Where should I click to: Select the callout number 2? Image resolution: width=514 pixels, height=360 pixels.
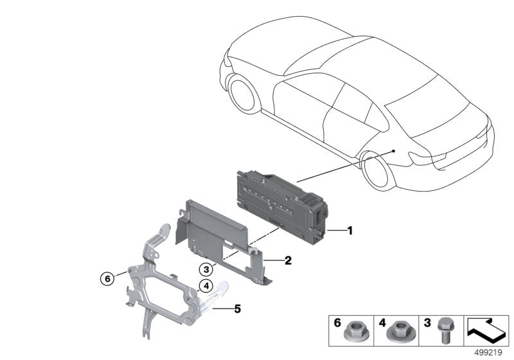pos(288,260)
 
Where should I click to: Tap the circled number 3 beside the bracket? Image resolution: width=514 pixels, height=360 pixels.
pos(205,269)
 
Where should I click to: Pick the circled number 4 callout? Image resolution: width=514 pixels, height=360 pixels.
pos(205,287)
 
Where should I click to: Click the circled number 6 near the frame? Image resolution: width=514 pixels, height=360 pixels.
pos(107,278)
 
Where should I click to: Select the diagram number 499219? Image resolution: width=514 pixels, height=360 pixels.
pos(490,352)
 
